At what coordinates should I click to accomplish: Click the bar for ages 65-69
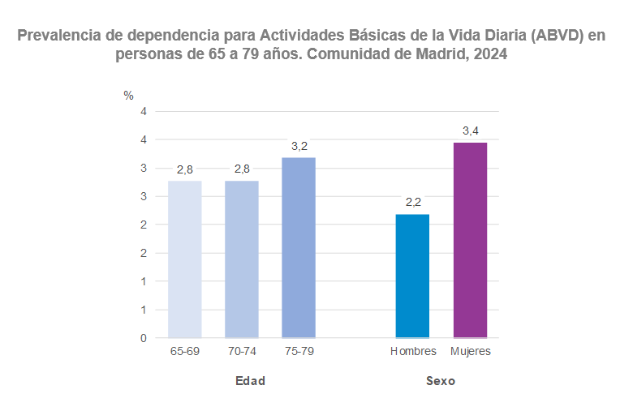pyautogui.click(x=185, y=259)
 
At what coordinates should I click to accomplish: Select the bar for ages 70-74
pyautogui.click(x=242, y=259)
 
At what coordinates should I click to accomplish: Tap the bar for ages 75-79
pyautogui.click(x=299, y=247)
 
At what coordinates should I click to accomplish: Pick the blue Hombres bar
pyautogui.click(x=412, y=276)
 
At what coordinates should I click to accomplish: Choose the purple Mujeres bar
pyautogui.click(x=470, y=240)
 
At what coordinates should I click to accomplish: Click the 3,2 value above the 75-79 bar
pyautogui.click(x=299, y=147)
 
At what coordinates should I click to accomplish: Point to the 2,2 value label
pyautogui.click(x=413, y=203)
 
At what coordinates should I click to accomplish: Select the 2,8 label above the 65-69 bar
pyautogui.click(x=185, y=169)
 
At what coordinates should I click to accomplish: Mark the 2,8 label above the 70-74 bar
pyautogui.click(x=242, y=169)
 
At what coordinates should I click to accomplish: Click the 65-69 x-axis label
pyautogui.click(x=185, y=351)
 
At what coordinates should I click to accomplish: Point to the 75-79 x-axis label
pyautogui.click(x=299, y=351)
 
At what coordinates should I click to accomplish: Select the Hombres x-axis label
pyautogui.click(x=413, y=351)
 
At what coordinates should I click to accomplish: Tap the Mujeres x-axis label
pyautogui.click(x=471, y=351)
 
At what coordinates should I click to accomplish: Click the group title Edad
pyautogui.click(x=250, y=380)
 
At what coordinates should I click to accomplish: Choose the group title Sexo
pyautogui.click(x=441, y=380)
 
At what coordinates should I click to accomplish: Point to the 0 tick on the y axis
pyautogui.click(x=143, y=338)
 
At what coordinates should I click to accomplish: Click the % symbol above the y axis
pyautogui.click(x=128, y=95)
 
